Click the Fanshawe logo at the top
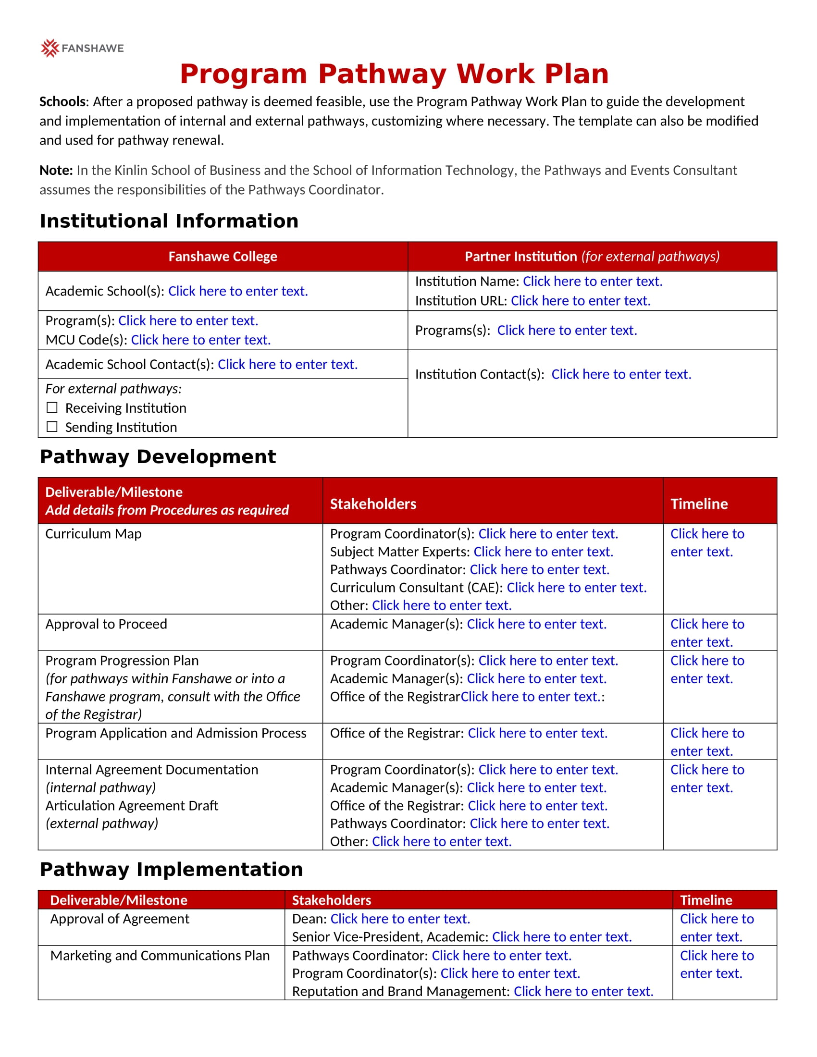click(x=82, y=48)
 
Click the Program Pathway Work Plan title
click(x=394, y=74)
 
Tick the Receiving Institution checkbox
click(x=52, y=407)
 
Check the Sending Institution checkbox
click(x=52, y=427)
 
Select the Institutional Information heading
click(x=169, y=221)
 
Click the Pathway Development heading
click(x=158, y=457)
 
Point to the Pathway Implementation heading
click(x=172, y=869)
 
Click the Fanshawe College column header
click(x=223, y=257)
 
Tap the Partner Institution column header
click(x=592, y=257)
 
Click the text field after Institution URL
click(x=581, y=301)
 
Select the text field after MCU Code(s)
click(x=201, y=340)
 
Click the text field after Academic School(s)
click(x=237, y=291)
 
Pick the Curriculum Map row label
click(x=93, y=534)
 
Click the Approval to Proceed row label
click(x=106, y=624)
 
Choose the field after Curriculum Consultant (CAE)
click(x=576, y=588)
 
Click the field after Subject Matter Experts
click(x=543, y=552)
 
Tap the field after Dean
click(x=400, y=919)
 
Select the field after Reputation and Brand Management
click(x=583, y=991)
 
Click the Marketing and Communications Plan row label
click(x=160, y=955)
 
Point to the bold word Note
click(x=56, y=171)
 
